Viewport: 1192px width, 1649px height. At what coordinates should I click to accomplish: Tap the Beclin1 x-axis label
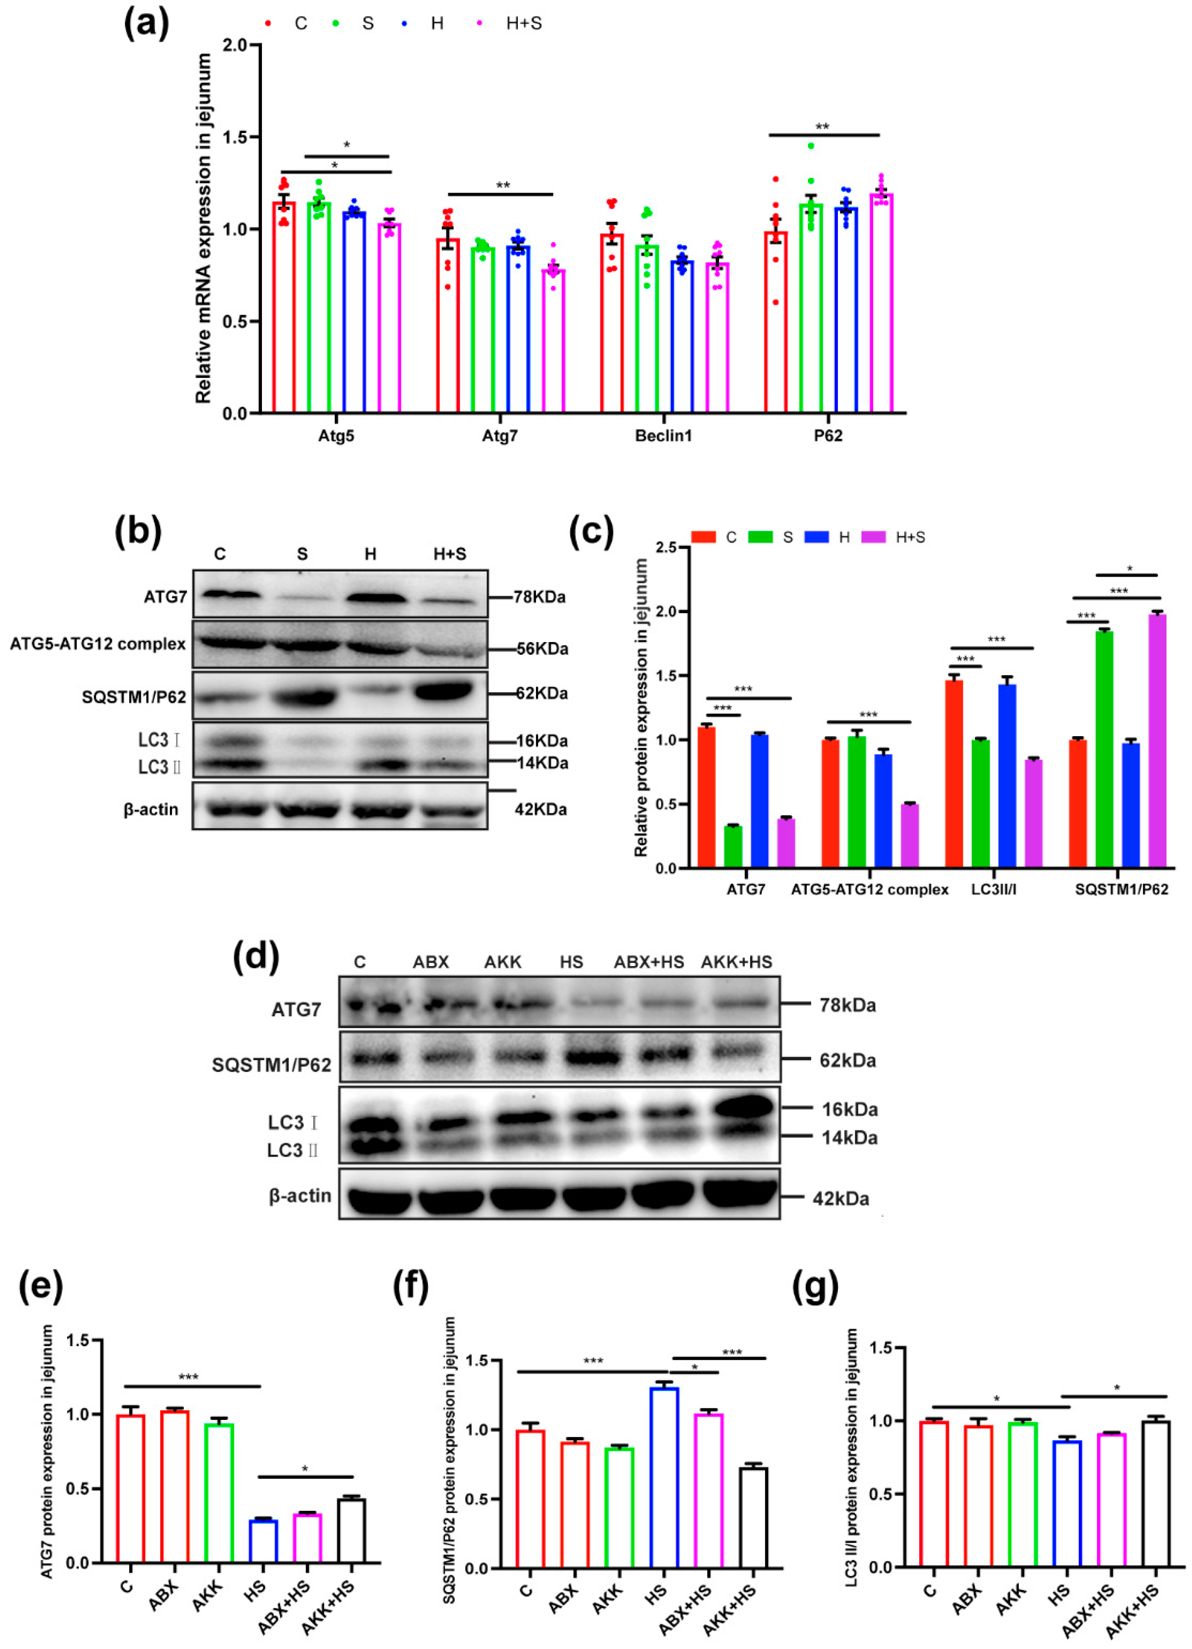tap(663, 436)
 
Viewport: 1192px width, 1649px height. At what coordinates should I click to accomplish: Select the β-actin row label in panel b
tap(151, 809)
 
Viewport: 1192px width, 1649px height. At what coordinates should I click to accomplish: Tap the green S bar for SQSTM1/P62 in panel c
tap(1104, 749)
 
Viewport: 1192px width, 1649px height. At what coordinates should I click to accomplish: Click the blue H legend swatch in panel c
tap(816, 537)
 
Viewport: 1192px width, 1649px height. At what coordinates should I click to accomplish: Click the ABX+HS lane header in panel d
tap(649, 962)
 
